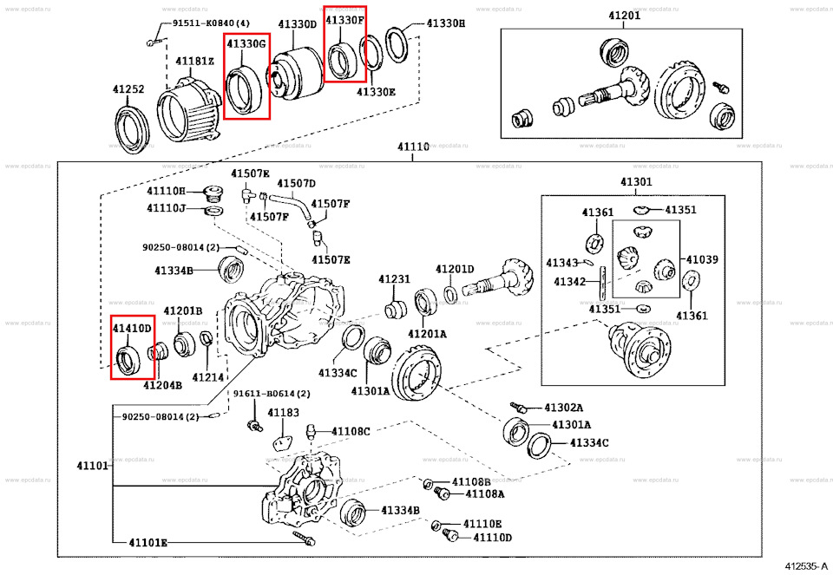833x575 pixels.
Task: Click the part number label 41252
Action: pos(128,89)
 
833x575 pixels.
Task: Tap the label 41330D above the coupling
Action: pos(297,24)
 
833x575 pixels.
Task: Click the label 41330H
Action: pos(445,24)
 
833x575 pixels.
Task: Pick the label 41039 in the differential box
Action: pos(702,259)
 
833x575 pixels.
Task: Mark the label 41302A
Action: pos(564,408)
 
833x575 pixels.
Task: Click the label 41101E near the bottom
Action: pos(148,543)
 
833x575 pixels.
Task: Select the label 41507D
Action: pos(297,183)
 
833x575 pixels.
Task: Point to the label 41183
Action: pos(283,413)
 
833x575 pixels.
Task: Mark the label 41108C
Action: pos(351,431)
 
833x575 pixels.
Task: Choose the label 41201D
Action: pos(455,269)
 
